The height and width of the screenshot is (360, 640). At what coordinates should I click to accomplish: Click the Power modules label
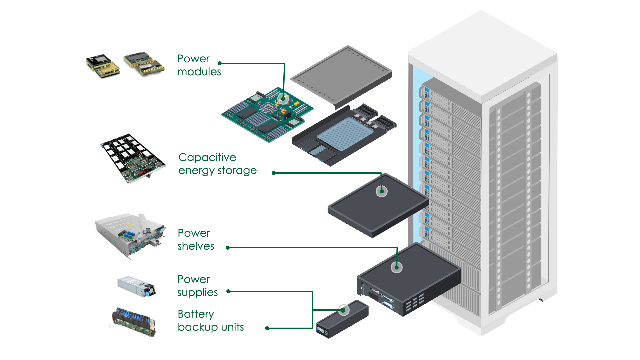[199, 65]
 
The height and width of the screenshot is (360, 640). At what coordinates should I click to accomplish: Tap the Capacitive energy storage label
[217, 164]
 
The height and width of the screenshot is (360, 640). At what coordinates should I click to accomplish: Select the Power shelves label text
[196, 239]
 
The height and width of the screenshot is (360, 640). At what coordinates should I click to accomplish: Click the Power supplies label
[197, 286]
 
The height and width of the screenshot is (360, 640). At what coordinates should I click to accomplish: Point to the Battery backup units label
[211, 320]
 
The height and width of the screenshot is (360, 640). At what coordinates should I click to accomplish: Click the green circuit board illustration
[267, 115]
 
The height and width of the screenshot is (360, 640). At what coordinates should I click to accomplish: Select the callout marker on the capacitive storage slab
[382, 191]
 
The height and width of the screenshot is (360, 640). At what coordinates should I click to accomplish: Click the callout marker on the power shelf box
[397, 267]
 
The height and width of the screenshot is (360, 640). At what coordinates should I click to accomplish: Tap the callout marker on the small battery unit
[344, 310]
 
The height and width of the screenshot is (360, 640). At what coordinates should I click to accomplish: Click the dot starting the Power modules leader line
[220, 63]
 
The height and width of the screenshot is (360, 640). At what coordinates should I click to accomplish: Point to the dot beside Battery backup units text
[267, 328]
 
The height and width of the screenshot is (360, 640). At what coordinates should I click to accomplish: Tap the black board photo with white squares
[133, 158]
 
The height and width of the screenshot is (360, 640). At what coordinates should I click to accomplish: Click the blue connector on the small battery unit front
[321, 330]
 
